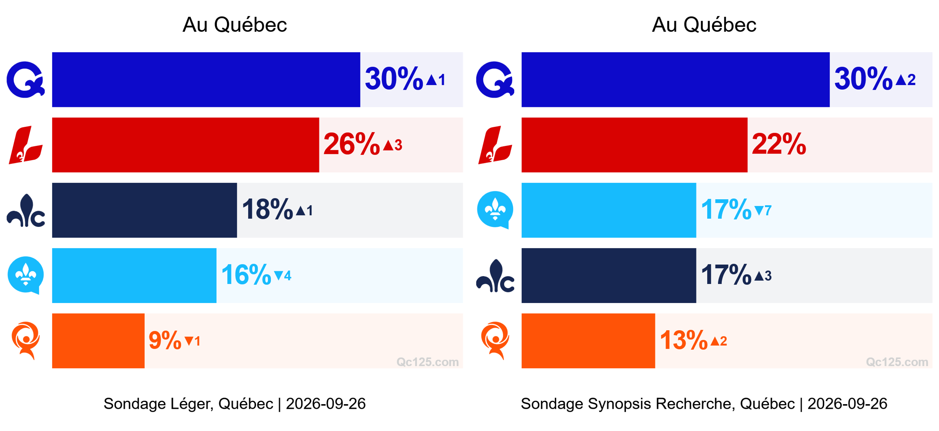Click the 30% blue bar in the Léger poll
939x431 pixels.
206,80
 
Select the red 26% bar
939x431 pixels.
186,145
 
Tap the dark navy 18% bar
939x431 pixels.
144,210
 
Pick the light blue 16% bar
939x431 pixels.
134,275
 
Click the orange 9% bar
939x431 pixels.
98,341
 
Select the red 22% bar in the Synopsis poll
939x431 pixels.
634,145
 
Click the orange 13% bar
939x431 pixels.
588,341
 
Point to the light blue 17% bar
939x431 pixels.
609,210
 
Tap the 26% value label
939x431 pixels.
352,144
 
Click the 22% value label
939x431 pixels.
779,144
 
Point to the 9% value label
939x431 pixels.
165,341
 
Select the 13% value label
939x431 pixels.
684,340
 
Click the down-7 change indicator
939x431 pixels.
763,211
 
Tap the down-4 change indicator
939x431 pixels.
283,276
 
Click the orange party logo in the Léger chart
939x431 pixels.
26,341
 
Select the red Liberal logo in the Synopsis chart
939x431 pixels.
495,145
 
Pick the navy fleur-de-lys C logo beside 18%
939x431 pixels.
26,210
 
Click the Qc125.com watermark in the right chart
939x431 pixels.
897,362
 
